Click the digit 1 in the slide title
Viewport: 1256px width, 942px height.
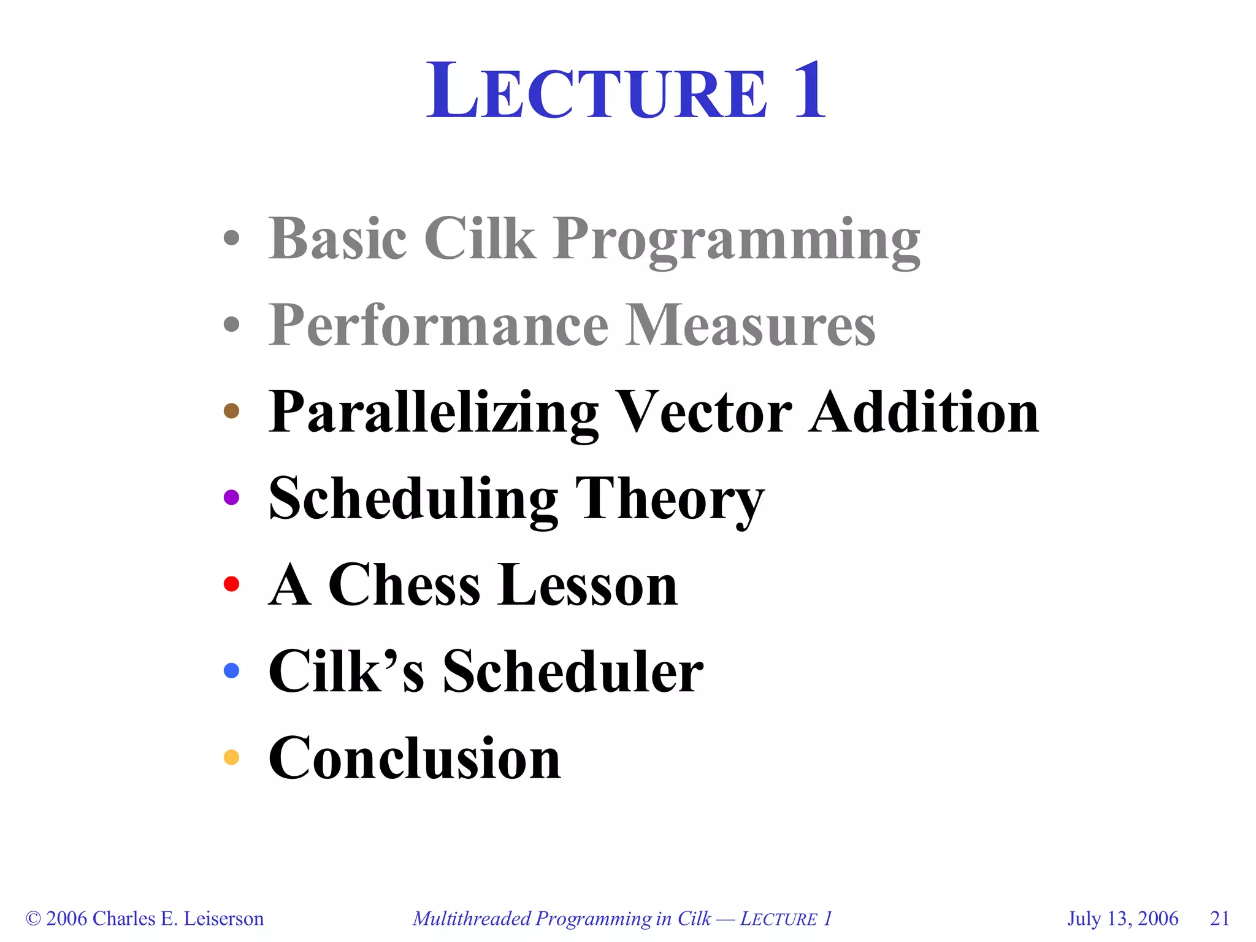(811, 91)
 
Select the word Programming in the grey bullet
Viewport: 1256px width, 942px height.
(736, 240)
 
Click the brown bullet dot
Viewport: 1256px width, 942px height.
(231, 410)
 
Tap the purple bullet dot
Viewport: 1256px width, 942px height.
(231, 497)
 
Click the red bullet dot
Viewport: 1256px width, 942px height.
(231, 584)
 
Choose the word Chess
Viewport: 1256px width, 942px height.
(404, 585)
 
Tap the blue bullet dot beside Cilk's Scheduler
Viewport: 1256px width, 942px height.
(231, 670)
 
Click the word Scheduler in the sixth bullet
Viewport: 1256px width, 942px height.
(573, 672)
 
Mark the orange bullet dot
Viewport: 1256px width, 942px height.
(231, 757)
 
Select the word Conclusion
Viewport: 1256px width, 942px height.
(415, 759)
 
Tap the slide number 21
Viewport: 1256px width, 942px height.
(1220, 919)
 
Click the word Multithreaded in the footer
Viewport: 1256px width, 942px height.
(471, 919)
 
